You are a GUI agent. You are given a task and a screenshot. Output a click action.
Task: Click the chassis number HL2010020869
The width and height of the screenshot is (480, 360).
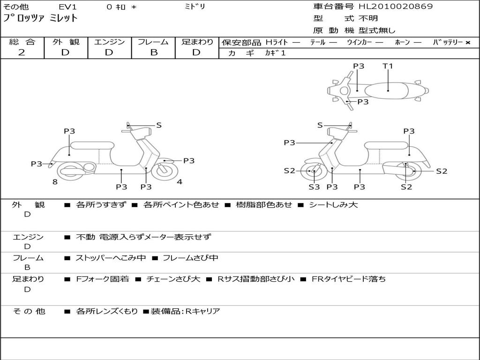(396, 7)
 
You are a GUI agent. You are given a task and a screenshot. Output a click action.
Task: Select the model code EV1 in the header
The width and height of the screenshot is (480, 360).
(67, 7)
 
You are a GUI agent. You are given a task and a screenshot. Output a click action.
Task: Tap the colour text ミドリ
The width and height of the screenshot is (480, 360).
(195, 7)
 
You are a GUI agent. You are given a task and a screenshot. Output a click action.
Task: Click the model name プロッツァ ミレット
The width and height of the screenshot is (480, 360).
(40, 19)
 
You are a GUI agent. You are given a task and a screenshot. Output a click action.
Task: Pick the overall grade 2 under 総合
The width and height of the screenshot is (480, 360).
(22, 52)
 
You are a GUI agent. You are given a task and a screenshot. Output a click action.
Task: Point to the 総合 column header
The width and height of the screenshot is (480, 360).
(22, 42)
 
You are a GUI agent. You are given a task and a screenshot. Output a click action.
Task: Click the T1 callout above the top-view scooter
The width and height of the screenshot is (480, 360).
(388, 66)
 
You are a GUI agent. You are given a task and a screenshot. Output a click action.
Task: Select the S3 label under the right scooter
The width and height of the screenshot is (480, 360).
(314, 187)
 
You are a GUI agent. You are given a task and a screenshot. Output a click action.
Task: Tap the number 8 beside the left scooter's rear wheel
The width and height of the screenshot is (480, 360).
(55, 182)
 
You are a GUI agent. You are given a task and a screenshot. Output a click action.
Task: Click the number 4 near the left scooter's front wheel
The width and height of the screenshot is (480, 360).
(179, 182)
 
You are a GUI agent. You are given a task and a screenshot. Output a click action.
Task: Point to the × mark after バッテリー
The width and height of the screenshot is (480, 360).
(467, 43)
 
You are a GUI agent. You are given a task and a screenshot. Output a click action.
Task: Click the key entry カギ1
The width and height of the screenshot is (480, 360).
(275, 53)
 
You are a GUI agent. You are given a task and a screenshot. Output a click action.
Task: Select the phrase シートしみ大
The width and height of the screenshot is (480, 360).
(333, 205)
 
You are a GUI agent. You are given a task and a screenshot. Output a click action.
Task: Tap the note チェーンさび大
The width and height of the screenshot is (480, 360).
(173, 279)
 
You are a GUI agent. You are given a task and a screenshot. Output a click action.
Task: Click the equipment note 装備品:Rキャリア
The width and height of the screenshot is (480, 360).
(185, 311)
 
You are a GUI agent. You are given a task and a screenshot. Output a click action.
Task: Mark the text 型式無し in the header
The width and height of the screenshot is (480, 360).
(377, 31)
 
